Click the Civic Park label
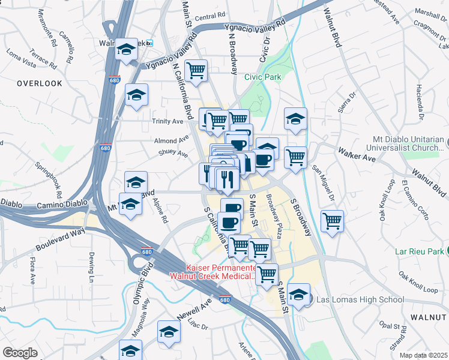[x=263, y=77]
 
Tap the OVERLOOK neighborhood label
[x=40, y=83]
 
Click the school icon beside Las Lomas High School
[x=298, y=294]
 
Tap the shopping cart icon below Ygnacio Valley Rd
[x=196, y=70]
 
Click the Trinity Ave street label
[x=168, y=121]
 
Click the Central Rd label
[x=210, y=16]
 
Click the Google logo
[x=20, y=353]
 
